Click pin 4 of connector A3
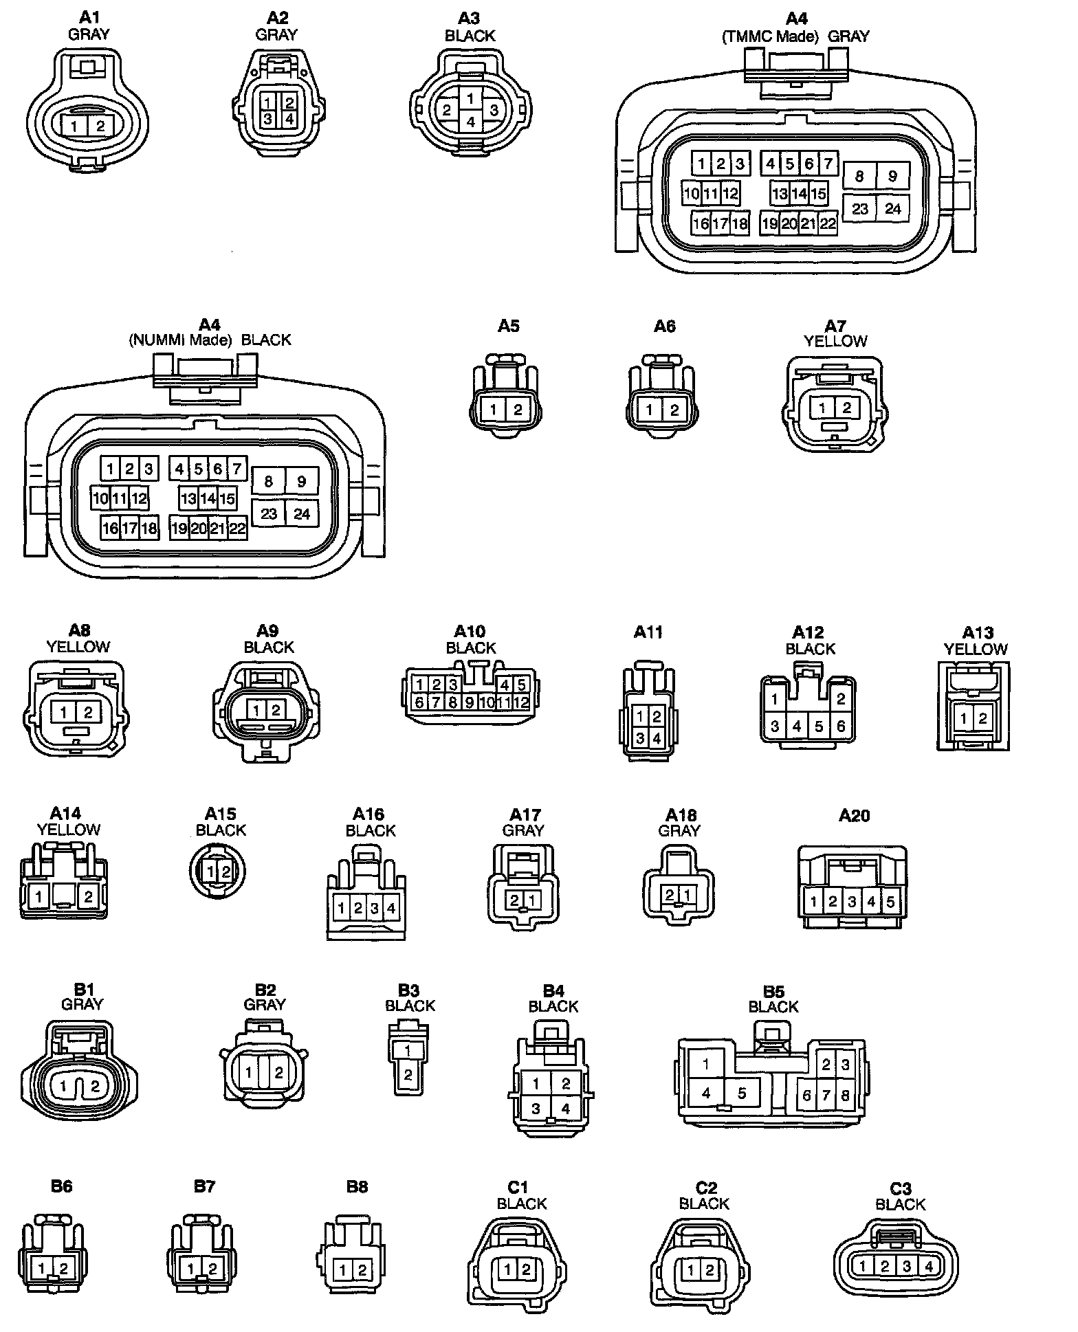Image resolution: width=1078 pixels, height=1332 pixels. point(471,122)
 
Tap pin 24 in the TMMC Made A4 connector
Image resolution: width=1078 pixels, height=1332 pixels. point(892,208)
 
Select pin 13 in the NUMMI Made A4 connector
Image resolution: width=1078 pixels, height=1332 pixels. point(188,498)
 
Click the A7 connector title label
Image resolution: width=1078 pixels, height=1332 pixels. point(835,326)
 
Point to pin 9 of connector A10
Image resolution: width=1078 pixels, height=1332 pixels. point(470,702)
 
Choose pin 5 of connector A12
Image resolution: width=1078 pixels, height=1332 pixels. point(818,726)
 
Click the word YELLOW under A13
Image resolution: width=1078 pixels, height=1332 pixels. point(975,649)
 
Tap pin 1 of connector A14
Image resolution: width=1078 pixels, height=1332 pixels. point(40,896)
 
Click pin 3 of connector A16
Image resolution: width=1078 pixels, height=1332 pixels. point(375,909)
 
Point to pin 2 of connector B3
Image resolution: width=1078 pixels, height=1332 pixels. point(408,1074)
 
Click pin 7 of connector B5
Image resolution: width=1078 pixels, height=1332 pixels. point(826,1095)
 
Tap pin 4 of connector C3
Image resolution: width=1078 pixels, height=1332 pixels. point(929,1266)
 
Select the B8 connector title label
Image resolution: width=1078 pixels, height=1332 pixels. point(357,1186)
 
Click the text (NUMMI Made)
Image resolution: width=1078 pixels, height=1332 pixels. point(180,340)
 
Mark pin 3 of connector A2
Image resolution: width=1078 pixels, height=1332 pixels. point(268,119)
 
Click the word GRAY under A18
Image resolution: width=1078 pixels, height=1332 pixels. point(679,830)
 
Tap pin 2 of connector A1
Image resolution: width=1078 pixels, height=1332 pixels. point(100,126)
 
